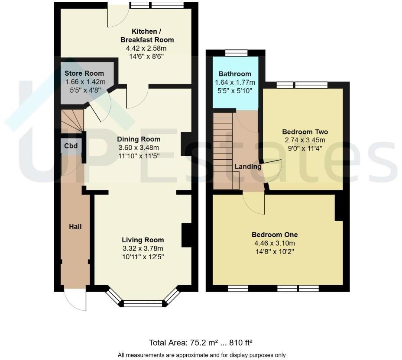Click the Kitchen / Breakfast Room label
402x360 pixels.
coord(147,35)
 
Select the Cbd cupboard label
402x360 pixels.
coord(71,146)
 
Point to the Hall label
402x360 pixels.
coord(75,226)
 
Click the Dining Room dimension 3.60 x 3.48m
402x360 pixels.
coord(139,147)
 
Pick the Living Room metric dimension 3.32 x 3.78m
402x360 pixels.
coord(143,248)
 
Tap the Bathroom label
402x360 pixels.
coord(235,74)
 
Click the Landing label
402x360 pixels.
coord(248,167)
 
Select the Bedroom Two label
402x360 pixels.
coord(305,132)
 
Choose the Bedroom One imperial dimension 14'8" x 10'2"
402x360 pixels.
coord(275,251)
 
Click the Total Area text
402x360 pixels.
coord(201,343)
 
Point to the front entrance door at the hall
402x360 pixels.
coord(75,299)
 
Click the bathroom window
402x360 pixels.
coord(237,53)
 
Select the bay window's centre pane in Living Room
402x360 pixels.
coord(143,303)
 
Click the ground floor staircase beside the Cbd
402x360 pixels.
coord(71,121)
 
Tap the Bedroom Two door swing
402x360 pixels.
coord(272,171)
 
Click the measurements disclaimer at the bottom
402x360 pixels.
coord(201,355)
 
